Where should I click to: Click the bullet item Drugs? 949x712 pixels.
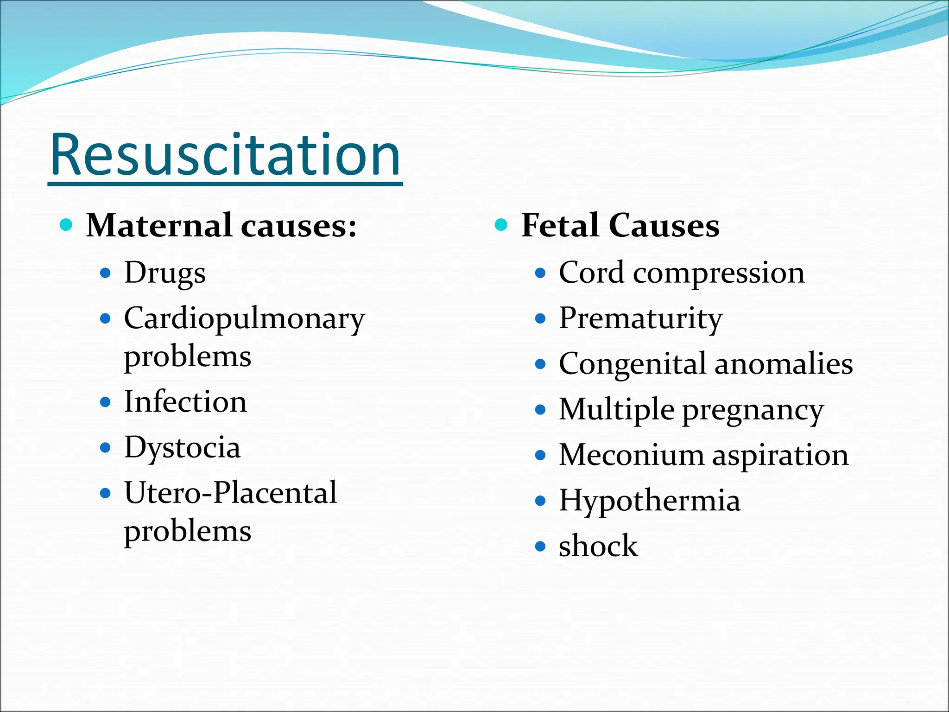point(165,273)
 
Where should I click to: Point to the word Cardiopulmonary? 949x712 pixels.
point(245,319)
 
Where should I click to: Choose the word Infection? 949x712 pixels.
point(185,402)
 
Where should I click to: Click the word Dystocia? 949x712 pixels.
point(182,448)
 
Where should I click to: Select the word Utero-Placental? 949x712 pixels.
point(231,493)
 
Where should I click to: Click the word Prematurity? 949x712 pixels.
point(641,319)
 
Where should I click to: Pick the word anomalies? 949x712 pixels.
point(784,364)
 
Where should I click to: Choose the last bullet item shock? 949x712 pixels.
point(598,546)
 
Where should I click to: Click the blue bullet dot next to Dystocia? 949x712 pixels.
point(106,448)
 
